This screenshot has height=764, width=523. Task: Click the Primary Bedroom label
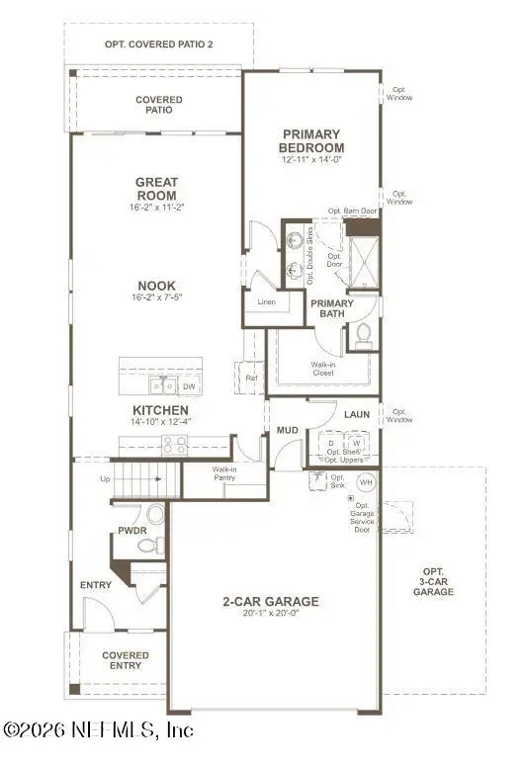[x=310, y=140]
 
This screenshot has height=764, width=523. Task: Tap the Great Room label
[x=156, y=188]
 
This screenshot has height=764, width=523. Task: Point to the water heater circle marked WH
[x=365, y=482]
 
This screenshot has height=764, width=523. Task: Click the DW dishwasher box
[x=189, y=386]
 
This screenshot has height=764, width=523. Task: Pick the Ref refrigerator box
[x=251, y=378]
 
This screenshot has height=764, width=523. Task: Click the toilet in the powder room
[x=155, y=514]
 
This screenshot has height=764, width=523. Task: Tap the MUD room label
[x=288, y=430]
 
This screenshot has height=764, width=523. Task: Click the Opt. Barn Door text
[x=353, y=212]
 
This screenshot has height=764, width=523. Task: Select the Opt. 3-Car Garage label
[x=433, y=581]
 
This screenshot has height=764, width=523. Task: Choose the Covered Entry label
[x=126, y=660]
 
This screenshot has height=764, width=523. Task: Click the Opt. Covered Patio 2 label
[x=158, y=44]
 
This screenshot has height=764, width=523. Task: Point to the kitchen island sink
[x=163, y=385]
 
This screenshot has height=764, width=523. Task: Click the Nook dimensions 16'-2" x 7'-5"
[x=156, y=297]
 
